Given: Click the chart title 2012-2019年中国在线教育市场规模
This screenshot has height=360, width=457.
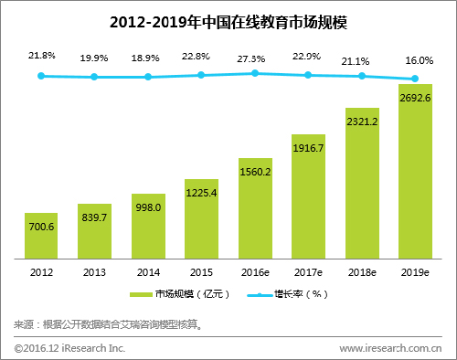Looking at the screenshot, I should coord(228,20).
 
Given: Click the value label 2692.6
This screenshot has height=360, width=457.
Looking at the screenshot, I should coord(415,95).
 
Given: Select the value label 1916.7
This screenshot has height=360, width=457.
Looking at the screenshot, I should coord(308,148).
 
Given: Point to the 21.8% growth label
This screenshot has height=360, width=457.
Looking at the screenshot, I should coord(41,57).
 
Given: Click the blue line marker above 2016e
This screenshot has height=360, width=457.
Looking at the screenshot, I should coord(255,73).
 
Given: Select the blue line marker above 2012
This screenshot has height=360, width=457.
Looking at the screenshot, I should coord(41,76).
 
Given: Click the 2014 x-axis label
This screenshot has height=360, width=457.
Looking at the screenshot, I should coord(148,272).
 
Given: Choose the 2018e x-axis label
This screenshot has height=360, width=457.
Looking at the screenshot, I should coord(362,272).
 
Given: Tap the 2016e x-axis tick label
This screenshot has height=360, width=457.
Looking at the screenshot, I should coord(255,272).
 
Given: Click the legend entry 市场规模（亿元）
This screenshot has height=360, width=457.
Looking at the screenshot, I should coord(179,294).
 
